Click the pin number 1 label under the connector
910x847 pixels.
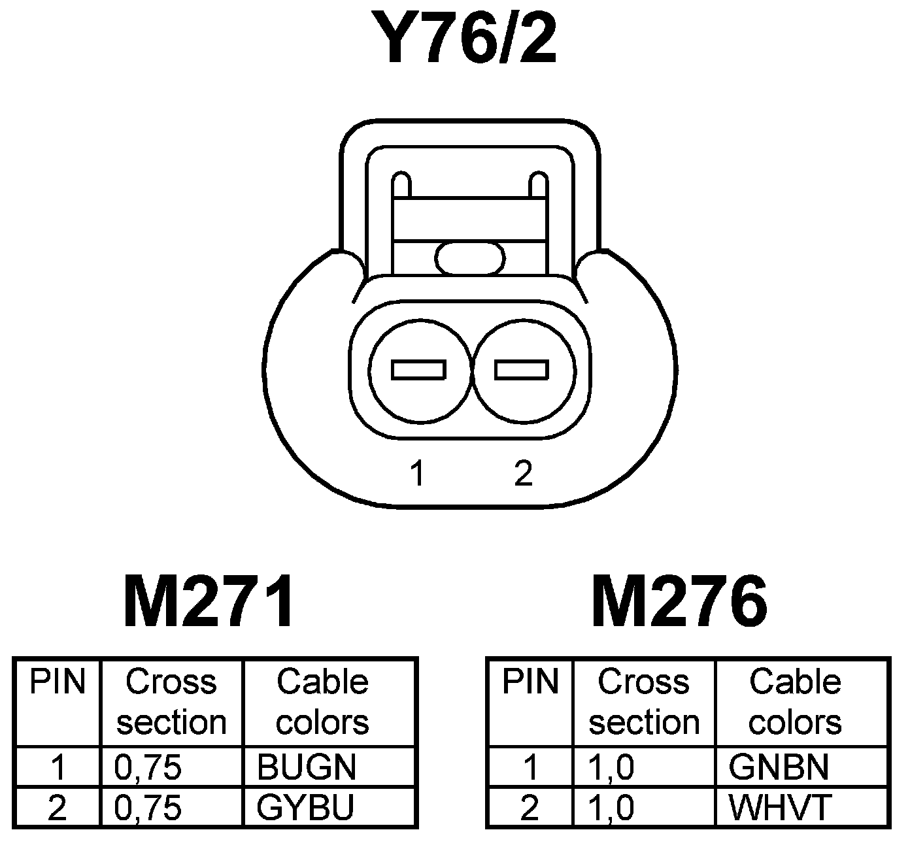click(x=417, y=473)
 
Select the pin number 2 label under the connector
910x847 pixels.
click(x=523, y=473)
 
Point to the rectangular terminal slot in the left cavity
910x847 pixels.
click(x=418, y=370)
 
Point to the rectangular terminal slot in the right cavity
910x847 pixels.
click(x=522, y=370)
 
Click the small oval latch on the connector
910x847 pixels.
click(x=471, y=257)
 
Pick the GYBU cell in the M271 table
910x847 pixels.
click(x=305, y=808)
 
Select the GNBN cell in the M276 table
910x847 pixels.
click(x=778, y=767)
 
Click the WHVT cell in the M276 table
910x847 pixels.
click(x=779, y=808)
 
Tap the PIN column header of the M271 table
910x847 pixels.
click(x=58, y=682)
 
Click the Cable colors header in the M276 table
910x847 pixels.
click(x=795, y=702)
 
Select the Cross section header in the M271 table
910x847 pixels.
click(x=171, y=702)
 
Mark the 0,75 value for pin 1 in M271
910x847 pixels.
click(x=148, y=767)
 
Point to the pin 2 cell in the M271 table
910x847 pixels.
click(x=58, y=808)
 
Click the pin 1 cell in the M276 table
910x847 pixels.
click(x=530, y=767)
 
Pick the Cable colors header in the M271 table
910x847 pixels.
click(x=322, y=702)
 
